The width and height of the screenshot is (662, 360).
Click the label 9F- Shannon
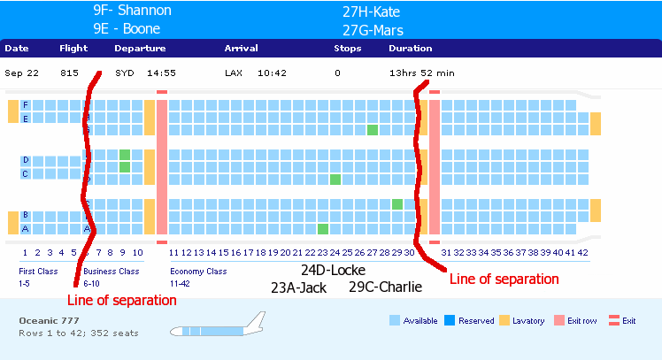point(132,11)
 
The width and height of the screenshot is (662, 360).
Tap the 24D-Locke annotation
point(333,270)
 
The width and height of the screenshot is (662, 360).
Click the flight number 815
point(69,73)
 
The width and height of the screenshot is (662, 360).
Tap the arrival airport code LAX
point(235,73)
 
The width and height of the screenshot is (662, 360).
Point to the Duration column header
point(411,48)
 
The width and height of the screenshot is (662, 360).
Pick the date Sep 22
point(20,73)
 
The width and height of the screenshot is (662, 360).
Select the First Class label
point(38,272)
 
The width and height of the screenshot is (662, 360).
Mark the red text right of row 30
point(504,279)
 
